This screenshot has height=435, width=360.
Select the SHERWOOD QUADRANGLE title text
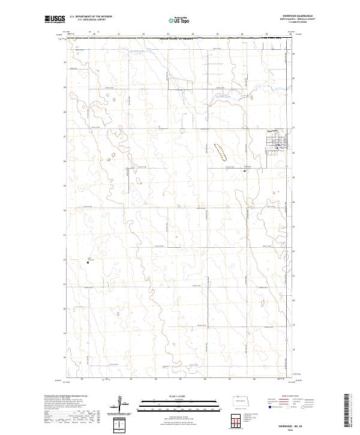pos(302,16)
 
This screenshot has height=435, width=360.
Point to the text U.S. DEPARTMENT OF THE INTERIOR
pos(91,17)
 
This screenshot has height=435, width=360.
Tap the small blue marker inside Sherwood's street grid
pos(277,145)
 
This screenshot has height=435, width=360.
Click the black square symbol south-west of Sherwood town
pos(245,171)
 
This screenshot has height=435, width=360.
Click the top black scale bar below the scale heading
pos(170,400)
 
